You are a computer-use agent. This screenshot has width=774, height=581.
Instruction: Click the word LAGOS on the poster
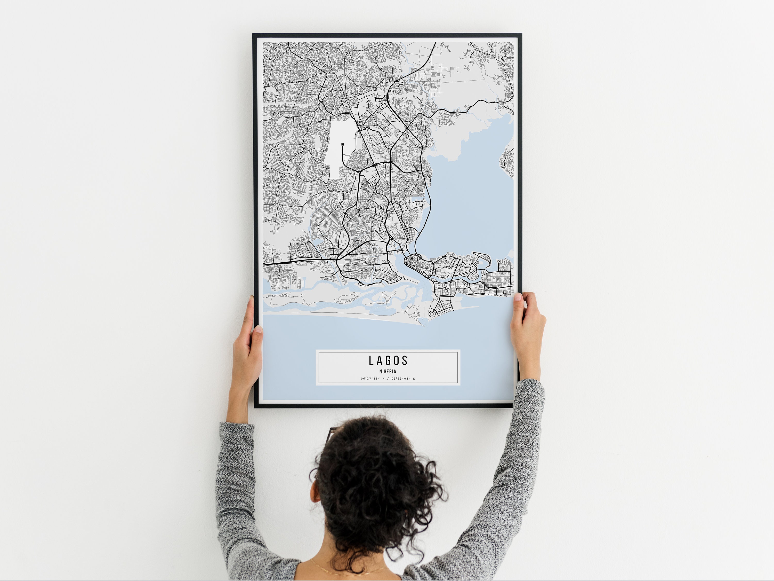click(388, 360)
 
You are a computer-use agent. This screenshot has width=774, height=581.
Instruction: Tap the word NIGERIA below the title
click(388, 372)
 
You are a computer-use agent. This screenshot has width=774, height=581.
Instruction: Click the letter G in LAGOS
click(388, 360)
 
